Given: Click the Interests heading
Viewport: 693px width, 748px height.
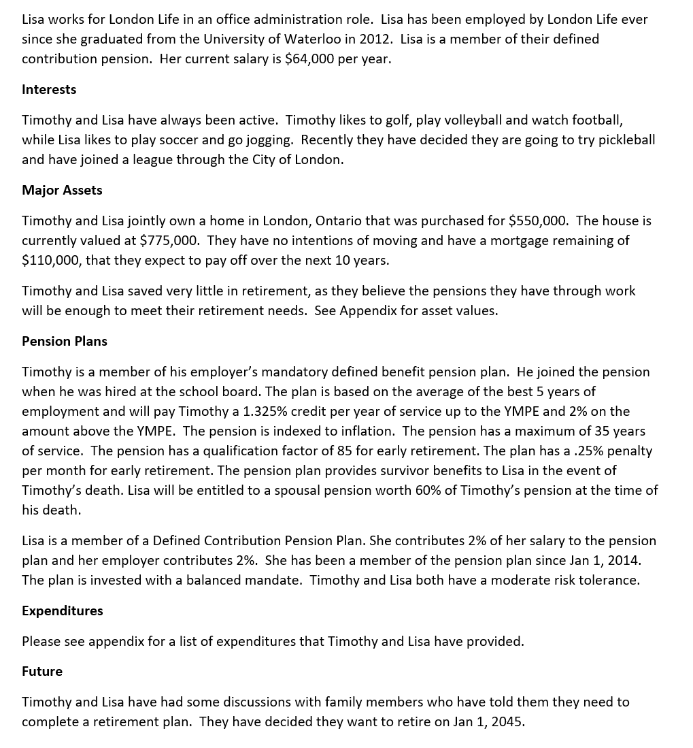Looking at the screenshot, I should pos(49,89).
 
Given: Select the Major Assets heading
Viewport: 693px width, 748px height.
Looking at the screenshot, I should pos(62,190).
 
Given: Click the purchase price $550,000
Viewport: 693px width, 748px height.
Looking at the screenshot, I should pos(538,221).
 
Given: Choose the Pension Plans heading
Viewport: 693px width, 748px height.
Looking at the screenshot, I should pos(65,341).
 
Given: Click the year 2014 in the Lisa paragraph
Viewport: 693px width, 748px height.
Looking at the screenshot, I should pos(624,560).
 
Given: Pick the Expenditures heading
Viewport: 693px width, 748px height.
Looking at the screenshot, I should pos(63,611).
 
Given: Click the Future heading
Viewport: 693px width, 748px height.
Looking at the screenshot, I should pos(42,671).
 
